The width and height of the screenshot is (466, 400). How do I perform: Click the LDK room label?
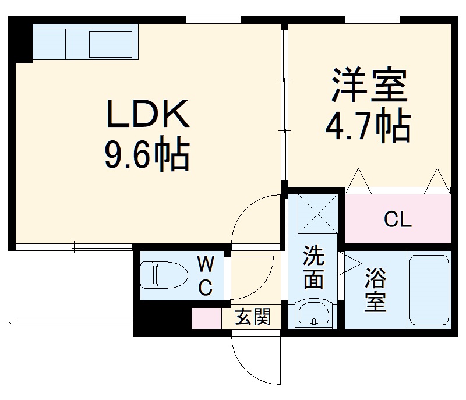pyautogui.click(x=147, y=114)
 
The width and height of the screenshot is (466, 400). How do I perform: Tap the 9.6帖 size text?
pyautogui.click(x=147, y=154)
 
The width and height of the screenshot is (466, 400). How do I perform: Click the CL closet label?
pyautogui.click(x=398, y=220)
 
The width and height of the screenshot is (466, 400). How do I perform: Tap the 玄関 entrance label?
pyautogui.click(x=253, y=318)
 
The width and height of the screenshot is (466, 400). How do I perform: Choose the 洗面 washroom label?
pyautogui.click(x=314, y=267)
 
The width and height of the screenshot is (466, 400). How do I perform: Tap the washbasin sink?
pyautogui.click(x=314, y=315)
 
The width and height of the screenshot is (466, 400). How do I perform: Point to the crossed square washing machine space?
pyautogui.click(x=318, y=214)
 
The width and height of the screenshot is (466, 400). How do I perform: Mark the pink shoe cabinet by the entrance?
pyautogui.click(x=207, y=318)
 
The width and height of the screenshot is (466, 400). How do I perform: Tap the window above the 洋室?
pyautogui.click(x=372, y=20)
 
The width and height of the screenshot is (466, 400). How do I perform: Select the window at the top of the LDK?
pyautogui.click(x=213, y=20)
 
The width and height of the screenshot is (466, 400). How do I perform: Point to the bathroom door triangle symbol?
pyautogui.click(x=351, y=263)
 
